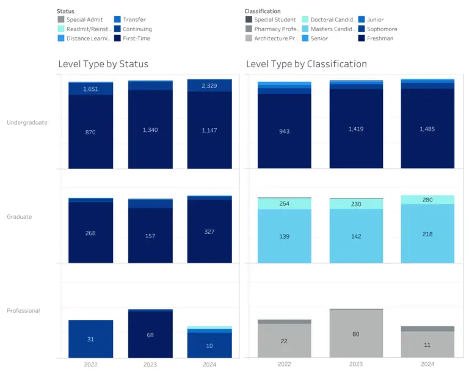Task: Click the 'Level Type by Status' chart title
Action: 103,64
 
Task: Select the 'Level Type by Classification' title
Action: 307,64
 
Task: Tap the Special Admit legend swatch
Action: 60,20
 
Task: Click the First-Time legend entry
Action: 136,38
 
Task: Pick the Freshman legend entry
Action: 380,38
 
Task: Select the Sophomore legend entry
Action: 382,29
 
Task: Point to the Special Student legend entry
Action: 274,20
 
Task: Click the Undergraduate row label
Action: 27,122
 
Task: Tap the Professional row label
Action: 23,310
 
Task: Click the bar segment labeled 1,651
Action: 90,89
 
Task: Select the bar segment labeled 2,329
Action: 209,86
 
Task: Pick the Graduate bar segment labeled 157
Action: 150,235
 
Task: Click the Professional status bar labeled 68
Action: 150,335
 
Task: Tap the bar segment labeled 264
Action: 284,204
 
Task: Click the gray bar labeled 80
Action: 356,333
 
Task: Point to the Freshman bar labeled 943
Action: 284,131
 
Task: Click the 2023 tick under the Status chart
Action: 150,364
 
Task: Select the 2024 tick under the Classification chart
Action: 427,364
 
